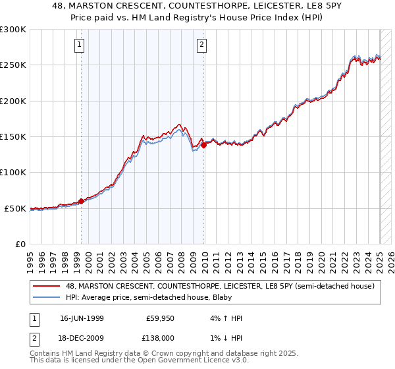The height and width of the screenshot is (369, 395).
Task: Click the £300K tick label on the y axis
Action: pyautogui.click(x=13, y=30)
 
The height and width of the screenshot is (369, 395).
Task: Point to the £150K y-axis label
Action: pyautogui.click(x=13, y=137)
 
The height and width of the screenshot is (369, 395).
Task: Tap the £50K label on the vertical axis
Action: pyautogui.click(x=15, y=208)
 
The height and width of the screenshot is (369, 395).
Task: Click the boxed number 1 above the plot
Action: pyautogui.click(x=79, y=45)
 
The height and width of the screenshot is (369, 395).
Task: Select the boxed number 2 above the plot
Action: pyautogui.click(x=201, y=45)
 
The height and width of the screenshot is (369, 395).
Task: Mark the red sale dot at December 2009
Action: pyautogui.click(x=204, y=146)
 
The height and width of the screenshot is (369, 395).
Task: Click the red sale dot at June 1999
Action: pyautogui.click(x=82, y=201)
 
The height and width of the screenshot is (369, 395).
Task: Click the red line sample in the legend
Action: pyautogui.click(x=47, y=286)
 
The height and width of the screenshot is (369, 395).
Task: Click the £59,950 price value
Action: pyautogui.click(x=160, y=317)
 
